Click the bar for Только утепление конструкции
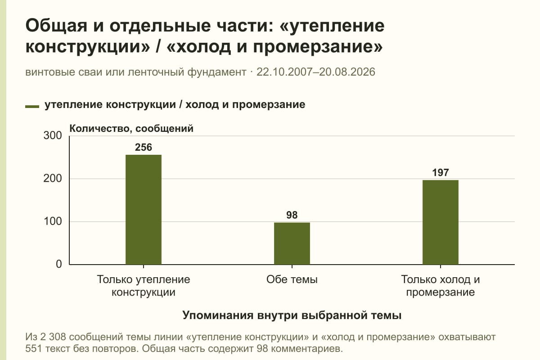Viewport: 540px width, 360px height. click(144, 210)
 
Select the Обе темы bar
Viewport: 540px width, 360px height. click(292, 243)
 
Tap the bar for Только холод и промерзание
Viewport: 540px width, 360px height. click(441, 222)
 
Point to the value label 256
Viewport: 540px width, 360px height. click(144, 147)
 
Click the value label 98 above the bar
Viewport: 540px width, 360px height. click(292, 215)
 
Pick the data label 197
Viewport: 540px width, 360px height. click(441, 173)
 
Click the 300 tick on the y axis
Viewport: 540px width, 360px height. click(53, 135)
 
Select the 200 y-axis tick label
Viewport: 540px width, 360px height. click(53, 179)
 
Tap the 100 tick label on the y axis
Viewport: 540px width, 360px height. click(53, 221)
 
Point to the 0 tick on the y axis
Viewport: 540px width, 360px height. click(59, 264)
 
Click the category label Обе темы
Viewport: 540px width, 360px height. click(292, 280)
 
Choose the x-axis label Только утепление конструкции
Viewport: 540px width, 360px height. click(144, 286)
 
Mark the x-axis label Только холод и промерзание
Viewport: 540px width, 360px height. click(441, 286)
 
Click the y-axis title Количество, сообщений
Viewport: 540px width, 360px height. click(131, 129)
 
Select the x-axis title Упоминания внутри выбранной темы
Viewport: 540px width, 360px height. click(292, 315)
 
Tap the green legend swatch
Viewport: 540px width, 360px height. click(32, 107)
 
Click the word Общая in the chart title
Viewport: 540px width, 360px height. click(56, 26)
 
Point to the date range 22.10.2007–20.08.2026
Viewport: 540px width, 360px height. click(316, 72)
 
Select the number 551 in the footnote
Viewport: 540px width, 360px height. click(34, 349)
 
